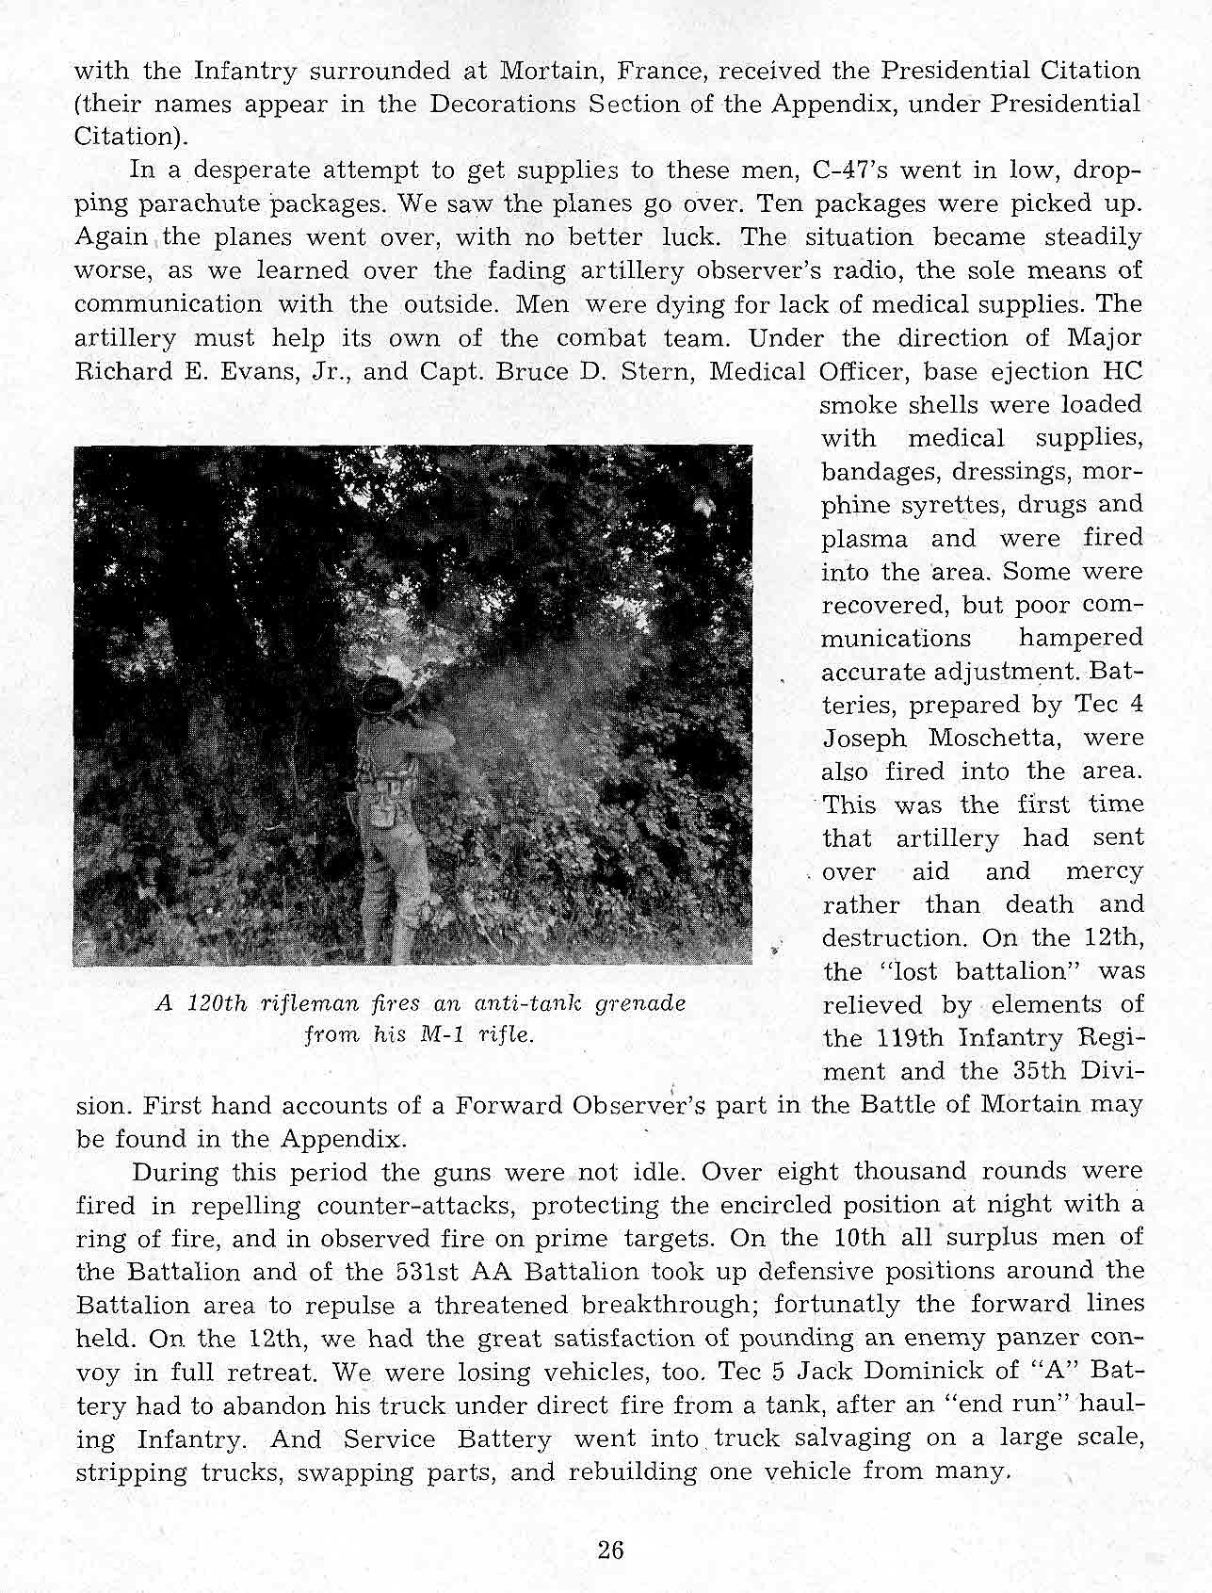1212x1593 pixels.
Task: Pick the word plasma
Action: (x=865, y=539)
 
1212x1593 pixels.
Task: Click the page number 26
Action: (x=610, y=1551)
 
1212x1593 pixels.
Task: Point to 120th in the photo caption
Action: (x=217, y=1003)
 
